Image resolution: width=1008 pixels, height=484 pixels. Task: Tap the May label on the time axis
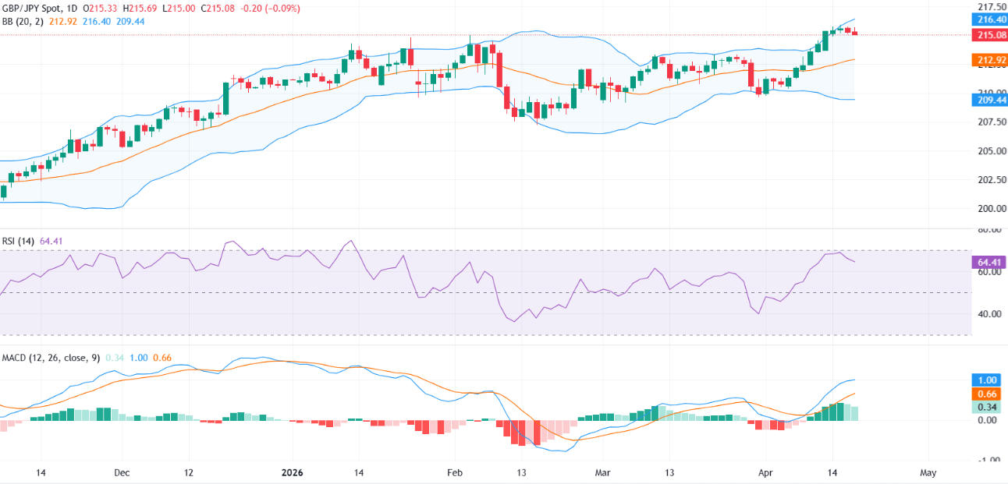(x=928, y=472)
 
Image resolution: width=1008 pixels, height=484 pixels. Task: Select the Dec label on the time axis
(x=122, y=472)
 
